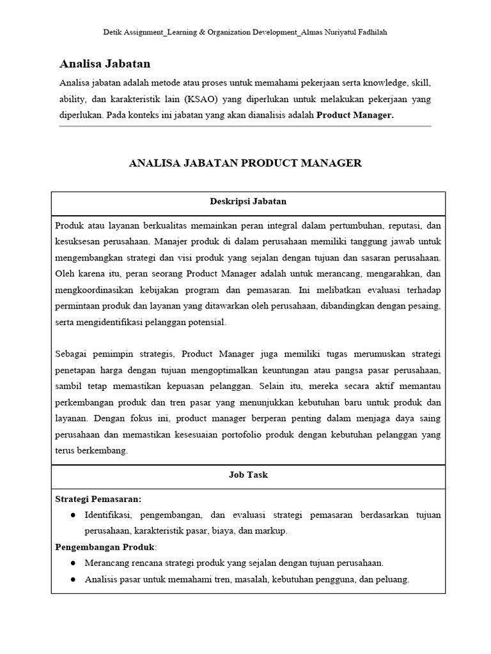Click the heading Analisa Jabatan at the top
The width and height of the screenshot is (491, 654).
coord(105,64)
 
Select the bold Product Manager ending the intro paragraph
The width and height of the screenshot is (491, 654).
coord(355,116)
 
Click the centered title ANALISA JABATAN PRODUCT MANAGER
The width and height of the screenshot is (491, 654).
coord(245,163)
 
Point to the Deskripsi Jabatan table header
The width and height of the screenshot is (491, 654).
coord(248,201)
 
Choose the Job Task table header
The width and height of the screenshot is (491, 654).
coord(248,475)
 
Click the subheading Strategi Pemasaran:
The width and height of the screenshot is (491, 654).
coord(98,498)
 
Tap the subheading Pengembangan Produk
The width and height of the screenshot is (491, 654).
coord(105,547)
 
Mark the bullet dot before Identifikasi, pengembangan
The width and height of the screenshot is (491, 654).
coord(73,515)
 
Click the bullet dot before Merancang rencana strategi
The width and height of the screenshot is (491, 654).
coord(73,563)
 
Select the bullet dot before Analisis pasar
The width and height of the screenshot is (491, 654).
coord(73,580)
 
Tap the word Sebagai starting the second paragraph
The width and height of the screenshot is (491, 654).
coord(72,354)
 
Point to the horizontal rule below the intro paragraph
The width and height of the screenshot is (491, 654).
coord(245,126)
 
